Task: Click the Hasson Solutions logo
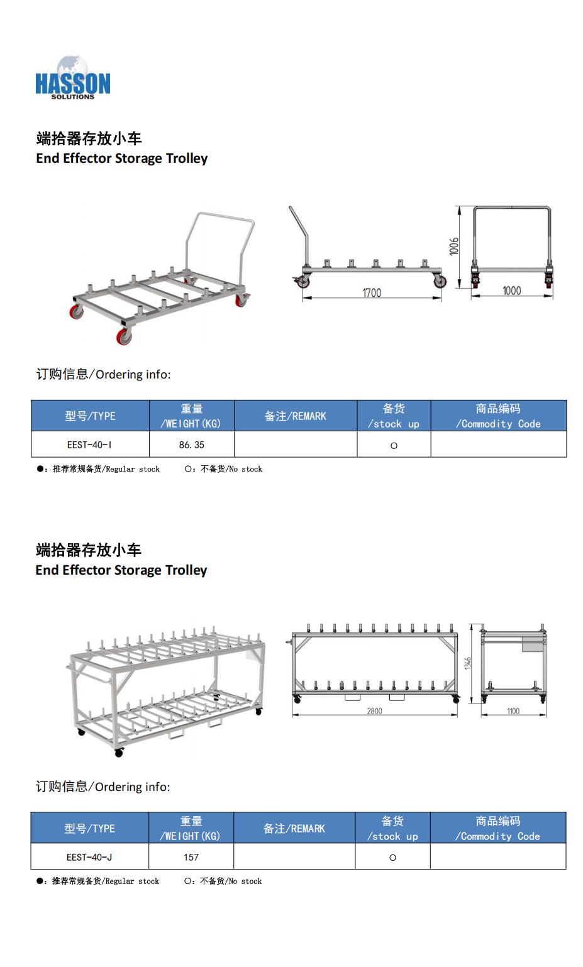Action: point(72,78)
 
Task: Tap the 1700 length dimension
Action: point(372,293)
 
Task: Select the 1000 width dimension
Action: point(512,291)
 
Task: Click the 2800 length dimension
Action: point(374,711)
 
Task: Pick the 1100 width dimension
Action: point(513,711)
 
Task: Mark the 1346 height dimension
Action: point(468,663)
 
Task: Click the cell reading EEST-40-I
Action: point(89,445)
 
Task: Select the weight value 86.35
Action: point(192,445)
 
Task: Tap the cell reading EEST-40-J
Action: point(89,857)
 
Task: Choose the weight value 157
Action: point(191,857)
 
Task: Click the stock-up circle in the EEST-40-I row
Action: point(394,446)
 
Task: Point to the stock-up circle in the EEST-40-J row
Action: point(392,858)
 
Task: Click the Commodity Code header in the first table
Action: point(498,416)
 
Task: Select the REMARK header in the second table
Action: point(294,829)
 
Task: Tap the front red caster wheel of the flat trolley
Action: point(123,336)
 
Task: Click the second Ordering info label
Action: point(103,787)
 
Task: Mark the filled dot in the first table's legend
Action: point(40,469)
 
